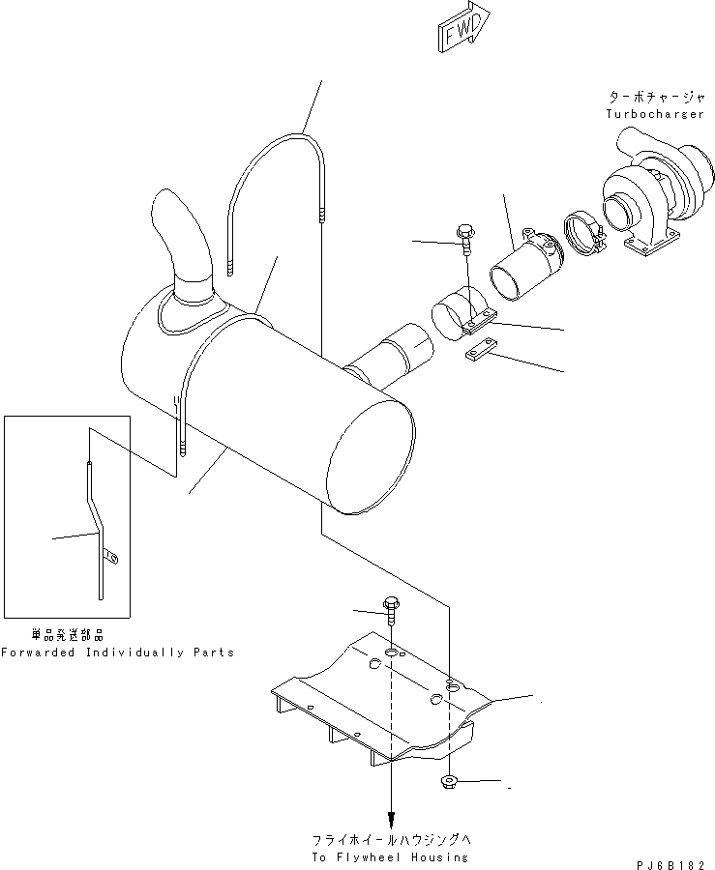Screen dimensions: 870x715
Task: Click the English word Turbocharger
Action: [x=655, y=114]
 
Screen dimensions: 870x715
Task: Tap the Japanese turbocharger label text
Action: [x=655, y=98]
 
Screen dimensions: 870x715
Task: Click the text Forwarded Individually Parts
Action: [x=117, y=652]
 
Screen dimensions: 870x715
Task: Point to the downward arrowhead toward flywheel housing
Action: [x=391, y=814]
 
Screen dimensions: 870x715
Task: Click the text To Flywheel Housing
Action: [x=391, y=856]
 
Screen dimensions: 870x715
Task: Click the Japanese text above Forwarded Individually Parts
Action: [x=67, y=635]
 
